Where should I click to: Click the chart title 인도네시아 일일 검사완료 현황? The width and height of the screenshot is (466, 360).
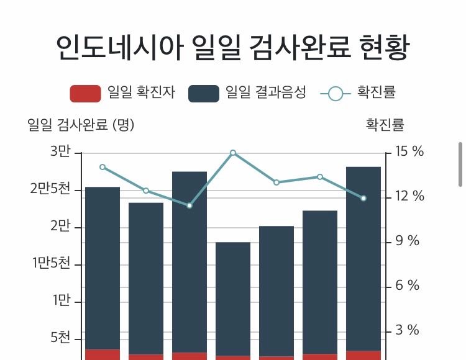pyautogui.click(x=232, y=48)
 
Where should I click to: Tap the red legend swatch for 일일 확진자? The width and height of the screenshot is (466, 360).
pyautogui.click(x=85, y=93)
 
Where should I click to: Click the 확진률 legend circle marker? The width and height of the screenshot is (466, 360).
pyautogui.click(x=336, y=94)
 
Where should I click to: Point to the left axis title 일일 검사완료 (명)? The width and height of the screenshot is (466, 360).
pyautogui.click(x=81, y=125)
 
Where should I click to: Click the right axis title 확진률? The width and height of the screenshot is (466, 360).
pyautogui.click(x=385, y=125)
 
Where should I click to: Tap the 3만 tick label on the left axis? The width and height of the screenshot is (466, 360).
pyautogui.click(x=60, y=152)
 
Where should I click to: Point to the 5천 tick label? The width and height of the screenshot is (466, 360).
pyautogui.click(x=60, y=338)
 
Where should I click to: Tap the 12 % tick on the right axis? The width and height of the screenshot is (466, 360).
pyautogui.click(x=409, y=197)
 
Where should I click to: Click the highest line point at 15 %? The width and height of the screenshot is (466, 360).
pyautogui.click(x=233, y=153)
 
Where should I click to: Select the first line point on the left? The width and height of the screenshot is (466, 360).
pyautogui.click(x=103, y=167)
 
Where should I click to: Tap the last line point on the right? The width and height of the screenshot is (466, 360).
pyautogui.click(x=363, y=198)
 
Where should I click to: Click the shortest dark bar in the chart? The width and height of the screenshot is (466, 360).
pyautogui.click(x=233, y=298)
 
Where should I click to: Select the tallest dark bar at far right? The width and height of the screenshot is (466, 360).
pyautogui.click(x=363, y=258)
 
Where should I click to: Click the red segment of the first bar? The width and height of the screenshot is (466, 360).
pyautogui.click(x=103, y=354)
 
